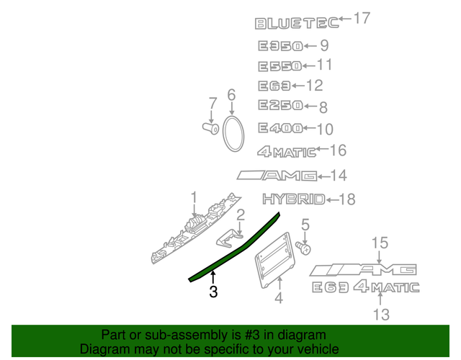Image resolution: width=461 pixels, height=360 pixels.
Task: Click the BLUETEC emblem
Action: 295,23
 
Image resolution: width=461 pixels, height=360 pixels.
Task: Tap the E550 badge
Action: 280,67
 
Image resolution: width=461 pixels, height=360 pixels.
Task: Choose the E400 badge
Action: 280,130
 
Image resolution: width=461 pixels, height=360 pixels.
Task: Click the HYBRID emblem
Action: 292,199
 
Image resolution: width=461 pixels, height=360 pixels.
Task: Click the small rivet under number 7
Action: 210,129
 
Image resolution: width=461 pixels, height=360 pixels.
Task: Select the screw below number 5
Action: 305,248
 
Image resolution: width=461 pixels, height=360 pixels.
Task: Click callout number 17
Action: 361,18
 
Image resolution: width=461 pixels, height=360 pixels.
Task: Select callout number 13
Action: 380,314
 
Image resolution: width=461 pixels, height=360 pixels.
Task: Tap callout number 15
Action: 380,243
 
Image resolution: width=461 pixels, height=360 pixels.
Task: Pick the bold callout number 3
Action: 213,292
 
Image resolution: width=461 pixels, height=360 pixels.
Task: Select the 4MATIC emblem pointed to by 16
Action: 287,151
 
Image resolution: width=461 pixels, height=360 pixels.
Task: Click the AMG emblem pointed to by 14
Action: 276,175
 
